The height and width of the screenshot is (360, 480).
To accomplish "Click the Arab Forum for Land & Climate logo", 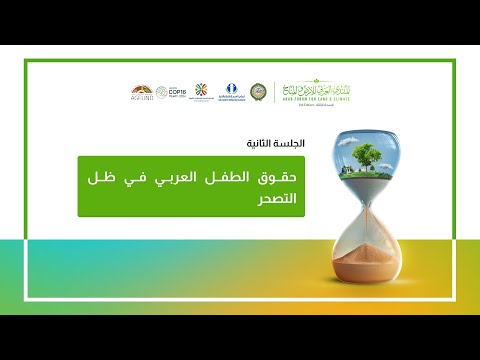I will point(311,88).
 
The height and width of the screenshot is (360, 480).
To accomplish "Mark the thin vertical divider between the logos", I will point(274,90).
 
